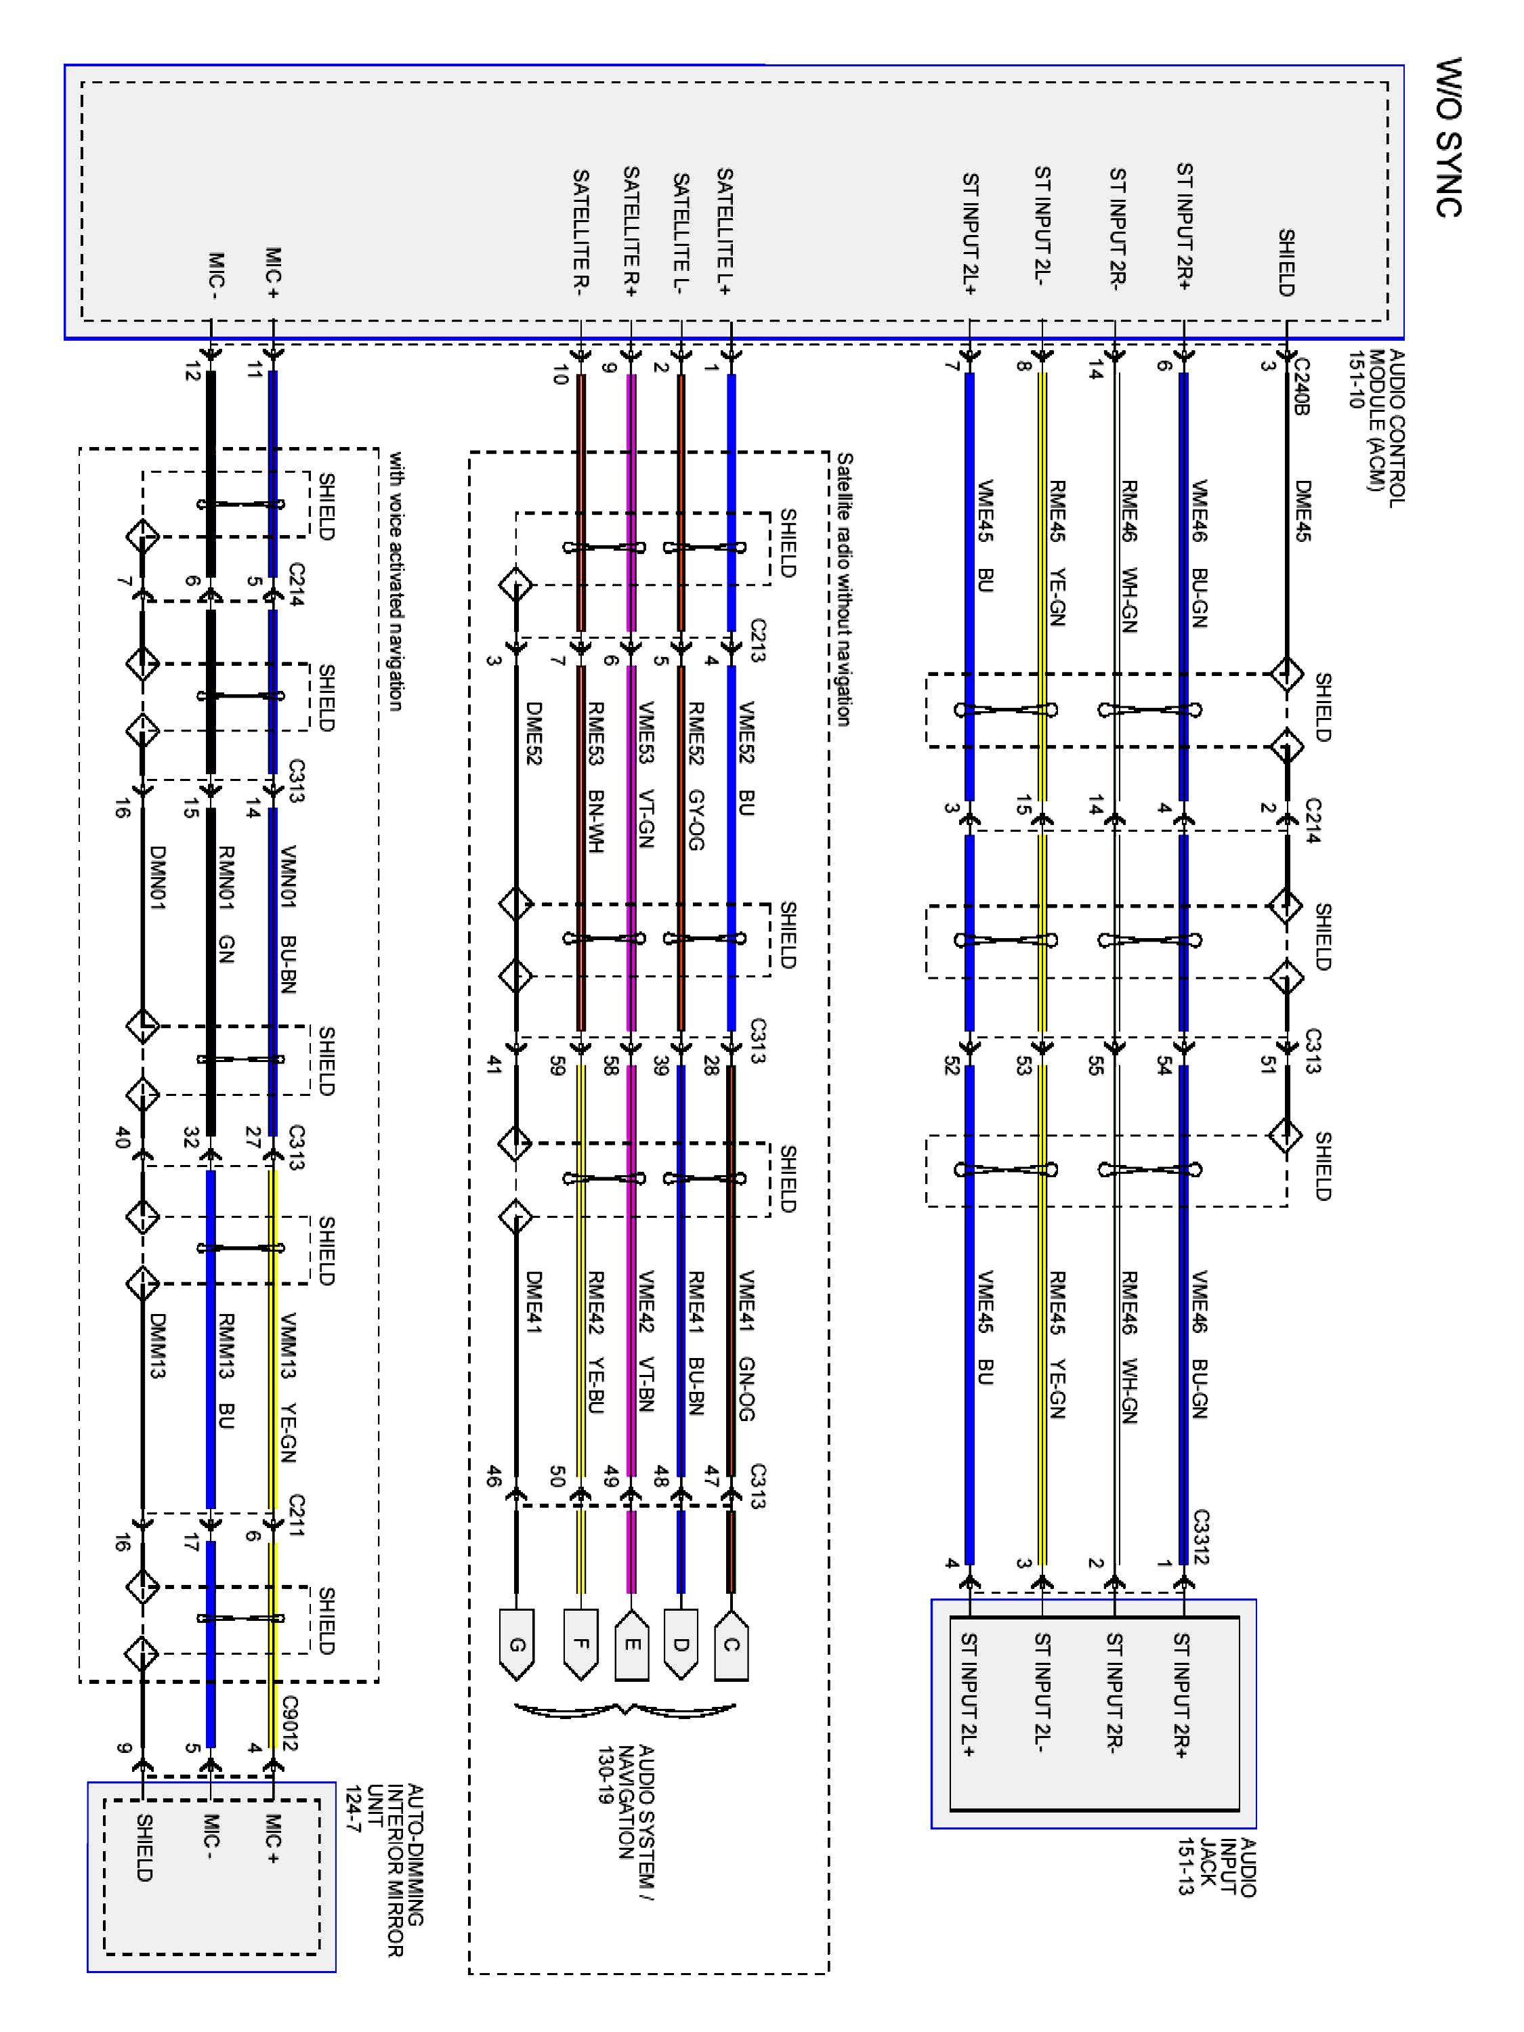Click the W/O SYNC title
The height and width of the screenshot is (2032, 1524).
point(1449,137)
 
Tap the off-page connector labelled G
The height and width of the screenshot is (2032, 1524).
point(517,1645)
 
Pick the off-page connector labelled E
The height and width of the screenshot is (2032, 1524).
point(631,1645)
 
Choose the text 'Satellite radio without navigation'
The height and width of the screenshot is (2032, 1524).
point(843,589)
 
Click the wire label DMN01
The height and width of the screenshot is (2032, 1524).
point(157,877)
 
